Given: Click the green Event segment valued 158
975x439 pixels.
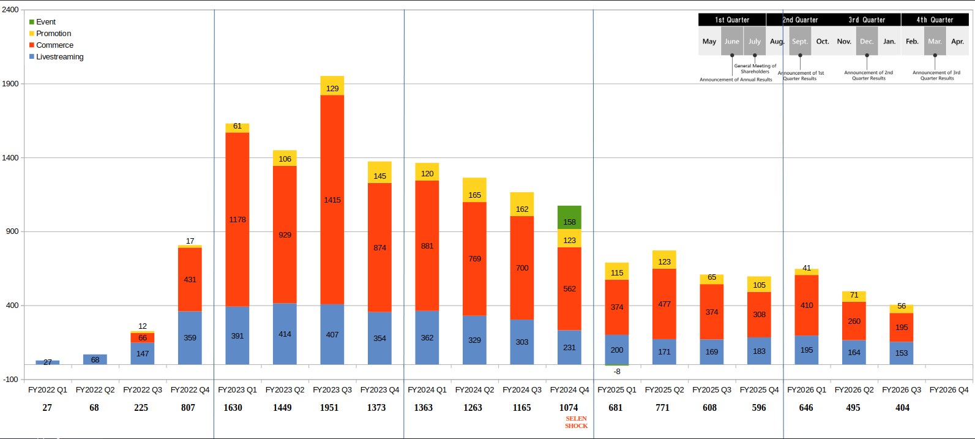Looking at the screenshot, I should coord(569,217).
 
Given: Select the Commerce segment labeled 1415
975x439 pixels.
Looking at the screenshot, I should coord(332,200).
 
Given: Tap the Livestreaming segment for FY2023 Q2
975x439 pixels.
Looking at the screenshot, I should coord(285,334).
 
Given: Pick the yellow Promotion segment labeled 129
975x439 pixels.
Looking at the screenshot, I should coord(332,86).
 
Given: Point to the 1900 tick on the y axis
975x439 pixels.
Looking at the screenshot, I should coord(10,83).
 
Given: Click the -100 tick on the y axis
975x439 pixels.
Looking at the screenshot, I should coord(10,379).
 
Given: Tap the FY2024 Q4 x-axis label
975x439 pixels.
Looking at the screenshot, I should coord(569,390).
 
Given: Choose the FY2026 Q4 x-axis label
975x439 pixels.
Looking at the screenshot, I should coord(949,390).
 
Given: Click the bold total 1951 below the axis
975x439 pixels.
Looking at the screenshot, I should coord(329,408).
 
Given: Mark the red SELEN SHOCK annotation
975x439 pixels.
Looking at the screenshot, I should coord(576,422).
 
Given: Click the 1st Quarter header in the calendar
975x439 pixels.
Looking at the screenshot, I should coord(732,20).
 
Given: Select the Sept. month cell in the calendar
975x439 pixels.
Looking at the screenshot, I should coord(799,42).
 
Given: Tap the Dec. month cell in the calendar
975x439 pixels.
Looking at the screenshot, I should coord(867,42).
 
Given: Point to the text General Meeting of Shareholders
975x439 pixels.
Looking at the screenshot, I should coord(755,69).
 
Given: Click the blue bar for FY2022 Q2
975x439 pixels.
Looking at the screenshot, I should coord(95,359).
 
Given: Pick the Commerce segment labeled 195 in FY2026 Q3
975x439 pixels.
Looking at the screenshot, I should coord(902,327).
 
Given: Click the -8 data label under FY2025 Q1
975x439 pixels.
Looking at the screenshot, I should coord(617,372).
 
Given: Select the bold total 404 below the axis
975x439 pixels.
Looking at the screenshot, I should coord(902,408).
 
